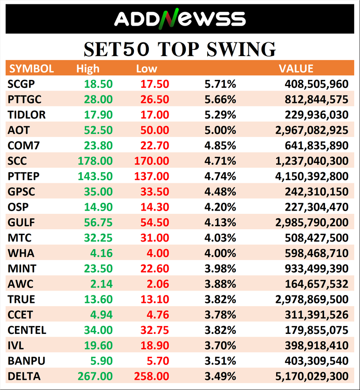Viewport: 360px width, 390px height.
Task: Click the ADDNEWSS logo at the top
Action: click(x=180, y=19)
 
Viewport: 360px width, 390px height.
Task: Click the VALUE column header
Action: click(x=296, y=69)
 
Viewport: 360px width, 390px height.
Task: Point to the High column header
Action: click(x=88, y=69)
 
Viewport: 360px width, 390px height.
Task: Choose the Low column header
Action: click(x=147, y=69)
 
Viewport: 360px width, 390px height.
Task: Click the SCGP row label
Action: click(x=21, y=84)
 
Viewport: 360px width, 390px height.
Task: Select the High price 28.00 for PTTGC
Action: click(x=99, y=99)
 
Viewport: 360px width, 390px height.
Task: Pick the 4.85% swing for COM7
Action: click(x=220, y=146)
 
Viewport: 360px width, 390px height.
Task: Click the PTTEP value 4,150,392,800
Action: click(x=311, y=176)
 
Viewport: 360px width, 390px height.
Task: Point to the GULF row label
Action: click(x=21, y=223)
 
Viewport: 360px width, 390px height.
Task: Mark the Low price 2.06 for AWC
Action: click(x=159, y=284)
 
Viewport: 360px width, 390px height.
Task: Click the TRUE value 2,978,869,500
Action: click(x=311, y=299)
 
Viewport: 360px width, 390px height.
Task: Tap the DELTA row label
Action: click(x=24, y=376)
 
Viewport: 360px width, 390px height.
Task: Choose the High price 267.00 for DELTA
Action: click(x=95, y=376)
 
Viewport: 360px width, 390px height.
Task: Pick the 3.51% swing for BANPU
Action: click(x=220, y=361)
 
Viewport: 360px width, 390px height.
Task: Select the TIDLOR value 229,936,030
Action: click(x=315, y=115)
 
